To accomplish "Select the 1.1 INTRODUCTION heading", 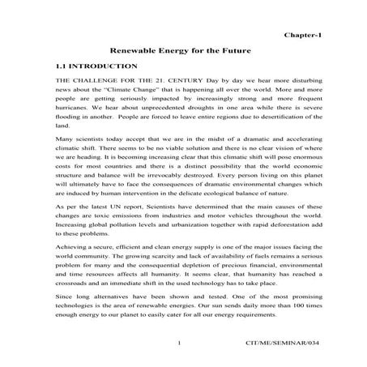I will [92, 66].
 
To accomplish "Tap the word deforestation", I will [280, 231].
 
